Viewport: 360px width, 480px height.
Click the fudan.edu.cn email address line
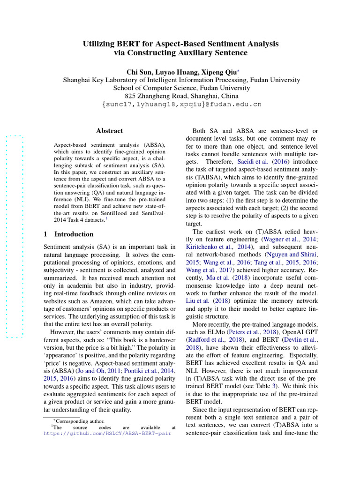(x=181, y=104)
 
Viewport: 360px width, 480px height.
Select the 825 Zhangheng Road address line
(x=181, y=96)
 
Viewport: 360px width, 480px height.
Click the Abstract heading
(x=109, y=131)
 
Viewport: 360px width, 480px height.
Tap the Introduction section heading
(x=74, y=234)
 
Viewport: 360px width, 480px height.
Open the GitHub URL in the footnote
(x=107, y=434)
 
